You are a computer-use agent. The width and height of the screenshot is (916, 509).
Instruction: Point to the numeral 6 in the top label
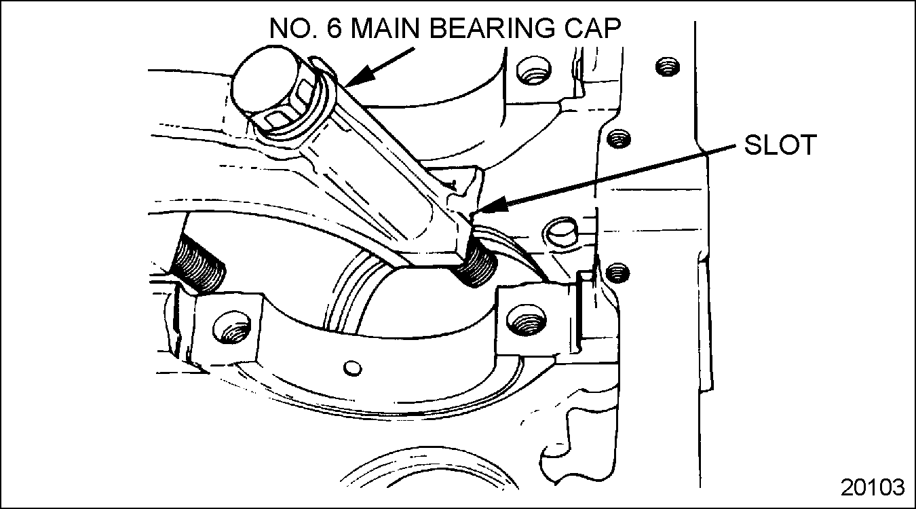click(334, 29)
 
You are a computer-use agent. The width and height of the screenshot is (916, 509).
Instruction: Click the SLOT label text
click(780, 145)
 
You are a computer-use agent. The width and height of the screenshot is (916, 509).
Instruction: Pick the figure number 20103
click(873, 487)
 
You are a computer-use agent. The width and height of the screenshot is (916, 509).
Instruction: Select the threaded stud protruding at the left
click(199, 265)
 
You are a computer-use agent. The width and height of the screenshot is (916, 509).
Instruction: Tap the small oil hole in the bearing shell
click(351, 369)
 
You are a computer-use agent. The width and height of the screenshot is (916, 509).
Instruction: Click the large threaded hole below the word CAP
click(534, 71)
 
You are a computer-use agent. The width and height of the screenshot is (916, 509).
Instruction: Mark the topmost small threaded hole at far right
click(668, 67)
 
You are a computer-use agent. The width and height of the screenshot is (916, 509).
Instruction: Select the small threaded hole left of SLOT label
click(618, 139)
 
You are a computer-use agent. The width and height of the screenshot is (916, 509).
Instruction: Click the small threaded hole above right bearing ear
click(617, 273)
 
